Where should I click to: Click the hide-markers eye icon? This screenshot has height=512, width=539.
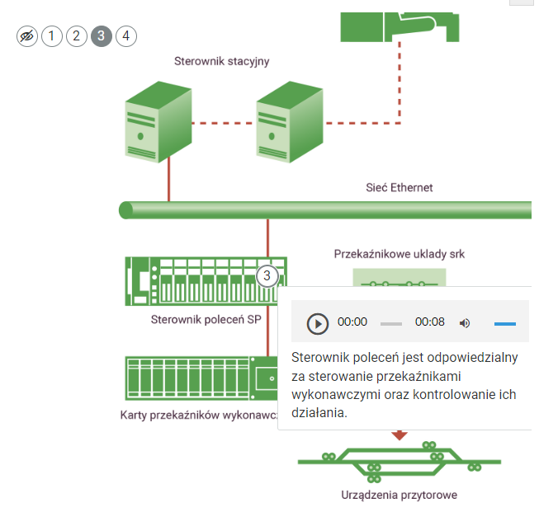pos(27,35)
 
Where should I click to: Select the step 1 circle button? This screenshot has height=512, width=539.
pos(52,35)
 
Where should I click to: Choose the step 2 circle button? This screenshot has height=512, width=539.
pos(76,35)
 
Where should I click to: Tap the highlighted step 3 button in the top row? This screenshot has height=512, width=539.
pos(102,35)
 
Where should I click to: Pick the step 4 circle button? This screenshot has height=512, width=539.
pos(125,35)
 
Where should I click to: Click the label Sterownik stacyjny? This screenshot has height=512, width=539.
pos(221,61)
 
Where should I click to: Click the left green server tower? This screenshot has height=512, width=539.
pos(153,122)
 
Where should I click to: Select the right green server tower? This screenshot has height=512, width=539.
pos(285,122)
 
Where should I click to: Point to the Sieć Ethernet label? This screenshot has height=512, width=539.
pos(399,188)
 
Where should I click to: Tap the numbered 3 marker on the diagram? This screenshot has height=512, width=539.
pos(267,276)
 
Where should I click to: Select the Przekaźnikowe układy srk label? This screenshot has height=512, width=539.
pos(400,254)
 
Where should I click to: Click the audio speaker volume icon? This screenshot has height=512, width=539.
pos(465,322)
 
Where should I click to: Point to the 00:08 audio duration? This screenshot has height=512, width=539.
pos(429,322)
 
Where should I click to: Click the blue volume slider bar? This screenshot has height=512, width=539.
pos(504,323)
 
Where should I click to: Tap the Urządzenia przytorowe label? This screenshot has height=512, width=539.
pos(399,496)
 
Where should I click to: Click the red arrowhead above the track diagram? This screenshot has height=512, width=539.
pos(400,434)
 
